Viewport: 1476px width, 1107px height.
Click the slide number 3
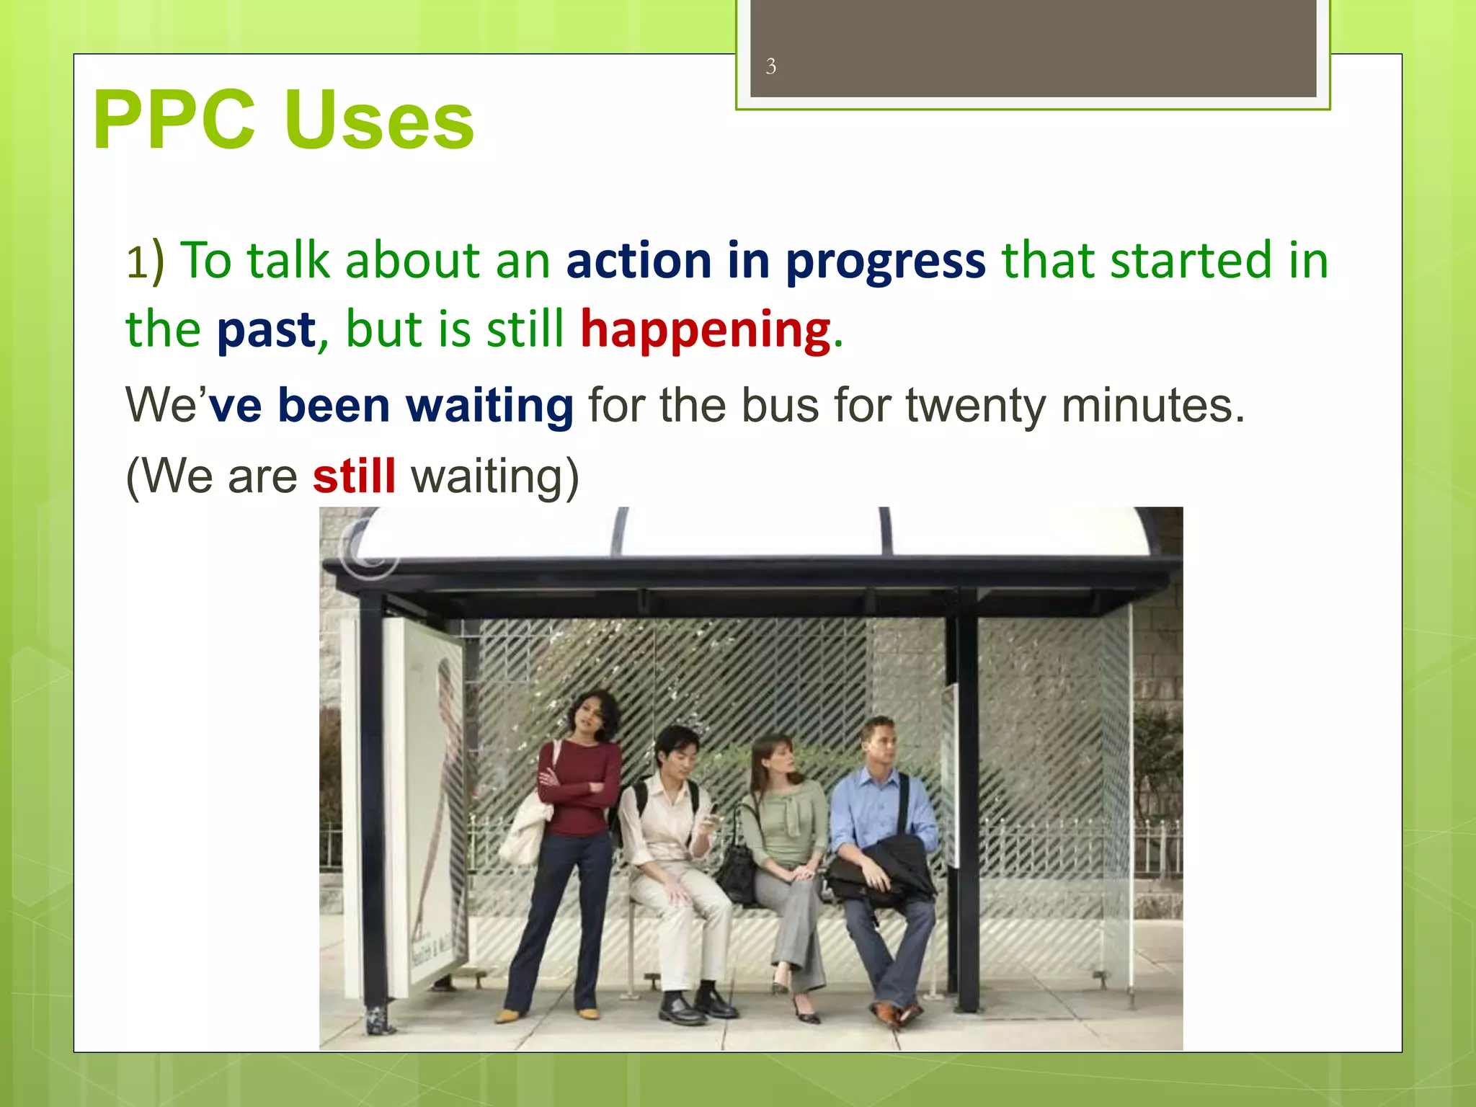point(770,67)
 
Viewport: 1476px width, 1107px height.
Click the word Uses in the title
point(379,120)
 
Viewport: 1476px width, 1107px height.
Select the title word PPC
point(174,120)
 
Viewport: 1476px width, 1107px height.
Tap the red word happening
point(706,330)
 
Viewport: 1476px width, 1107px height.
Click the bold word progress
point(885,261)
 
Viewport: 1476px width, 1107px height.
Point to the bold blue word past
point(266,330)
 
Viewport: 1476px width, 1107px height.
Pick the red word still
point(354,476)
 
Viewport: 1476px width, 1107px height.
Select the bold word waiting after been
point(489,406)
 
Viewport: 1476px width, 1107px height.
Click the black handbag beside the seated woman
point(739,871)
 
